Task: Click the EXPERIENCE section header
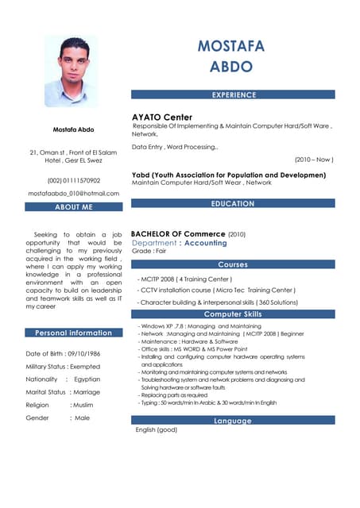tap(233, 94)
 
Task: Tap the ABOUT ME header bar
tap(73, 207)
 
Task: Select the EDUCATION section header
tap(233, 204)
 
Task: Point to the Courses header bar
tap(233, 264)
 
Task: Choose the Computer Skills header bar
tap(233, 315)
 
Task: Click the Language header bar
tap(233, 421)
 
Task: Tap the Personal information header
tap(73, 333)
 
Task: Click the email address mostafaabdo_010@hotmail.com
tap(73, 194)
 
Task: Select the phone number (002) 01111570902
tap(73, 180)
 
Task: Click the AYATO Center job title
tap(162, 117)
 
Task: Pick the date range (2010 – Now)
tap(314, 160)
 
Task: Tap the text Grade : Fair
tap(149, 252)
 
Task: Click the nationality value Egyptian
tap(87, 379)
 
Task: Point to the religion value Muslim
tap(84, 405)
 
